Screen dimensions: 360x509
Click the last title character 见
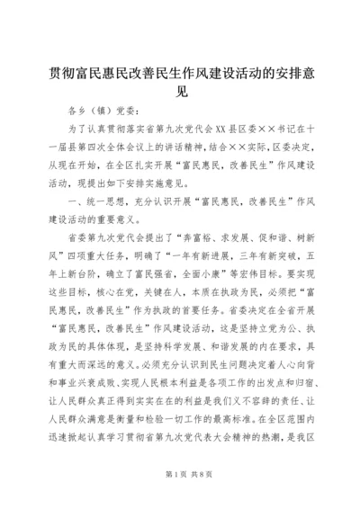pyautogui.click(x=180, y=90)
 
